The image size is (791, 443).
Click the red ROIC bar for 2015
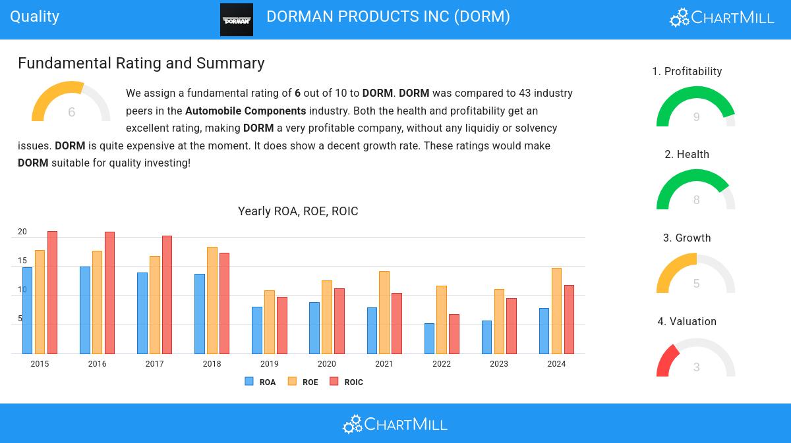coord(52,292)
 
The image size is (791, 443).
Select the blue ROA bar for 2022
coord(429,338)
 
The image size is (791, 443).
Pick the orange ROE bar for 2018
coord(212,300)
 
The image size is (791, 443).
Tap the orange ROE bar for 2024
coord(556,311)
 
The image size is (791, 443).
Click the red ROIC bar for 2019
coord(281,325)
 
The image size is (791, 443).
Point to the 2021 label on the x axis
coord(384,364)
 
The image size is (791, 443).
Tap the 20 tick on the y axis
coord(22,232)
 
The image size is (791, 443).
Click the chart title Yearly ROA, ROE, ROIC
coord(298,211)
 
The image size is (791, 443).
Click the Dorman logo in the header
coord(237,20)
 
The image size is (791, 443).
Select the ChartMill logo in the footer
coord(395,424)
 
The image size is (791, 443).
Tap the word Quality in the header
coord(35,16)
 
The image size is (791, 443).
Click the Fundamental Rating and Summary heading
coord(141,63)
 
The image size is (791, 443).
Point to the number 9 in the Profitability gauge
coord(696,117)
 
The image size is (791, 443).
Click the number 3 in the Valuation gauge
coord(696,367)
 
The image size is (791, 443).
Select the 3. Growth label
coord(687,238)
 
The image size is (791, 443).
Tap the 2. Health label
coord(687,155)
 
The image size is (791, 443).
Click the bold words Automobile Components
coord(245,111)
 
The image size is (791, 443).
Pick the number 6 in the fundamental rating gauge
coord(71,113)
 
